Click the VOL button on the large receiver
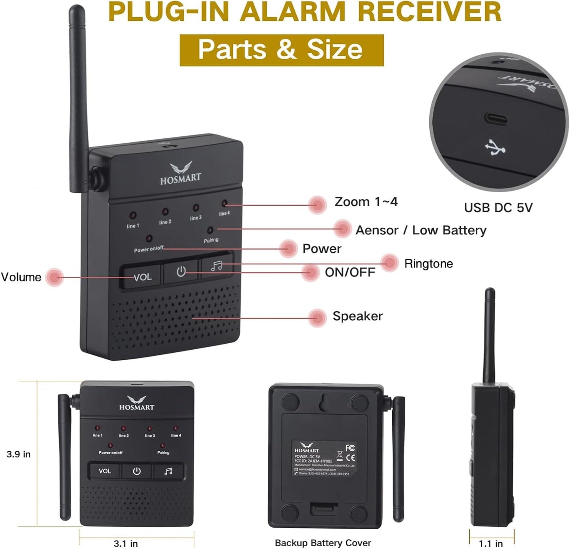pos(142,277)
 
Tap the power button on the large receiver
pos(181,271)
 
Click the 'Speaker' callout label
pos(357,316)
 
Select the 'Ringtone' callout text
pos(428,264)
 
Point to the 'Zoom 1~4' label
pos(366,202)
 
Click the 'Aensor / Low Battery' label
pos(421,230)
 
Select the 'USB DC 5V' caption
pos(498,208)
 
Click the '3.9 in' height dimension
pos(19,454)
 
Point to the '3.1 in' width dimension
pos(126,543)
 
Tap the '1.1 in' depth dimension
pos(491,543)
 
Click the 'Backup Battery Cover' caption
pos(323,543)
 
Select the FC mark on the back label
pos(350,448)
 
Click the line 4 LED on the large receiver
pos(224,204)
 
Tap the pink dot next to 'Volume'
pos(54,277)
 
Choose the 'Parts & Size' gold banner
pos(282,50)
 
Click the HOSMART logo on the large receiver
pos(181,173)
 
